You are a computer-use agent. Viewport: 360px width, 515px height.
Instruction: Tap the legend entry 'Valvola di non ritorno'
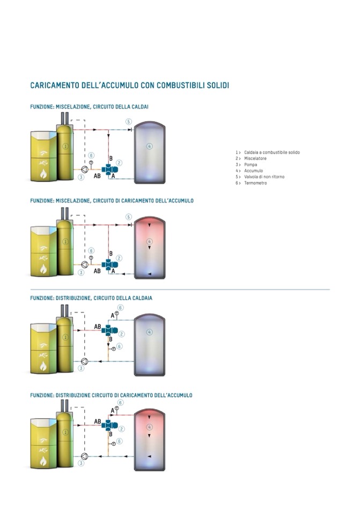point(264,177)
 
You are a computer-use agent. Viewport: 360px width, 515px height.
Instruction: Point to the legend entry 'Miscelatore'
point(255,158)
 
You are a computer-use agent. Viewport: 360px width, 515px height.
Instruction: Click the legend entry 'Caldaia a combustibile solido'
point(271,153)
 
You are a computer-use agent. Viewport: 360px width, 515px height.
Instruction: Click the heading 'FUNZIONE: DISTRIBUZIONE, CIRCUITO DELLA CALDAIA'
point(99,298)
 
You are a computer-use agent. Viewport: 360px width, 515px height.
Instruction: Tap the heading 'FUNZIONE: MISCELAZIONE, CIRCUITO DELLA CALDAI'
point(89,107)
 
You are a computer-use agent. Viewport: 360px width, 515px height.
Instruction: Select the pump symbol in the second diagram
point(85,264)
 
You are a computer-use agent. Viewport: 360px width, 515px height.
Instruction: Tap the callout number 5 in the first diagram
point(129,121)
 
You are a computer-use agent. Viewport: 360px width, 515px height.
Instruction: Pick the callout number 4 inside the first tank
point(149,146)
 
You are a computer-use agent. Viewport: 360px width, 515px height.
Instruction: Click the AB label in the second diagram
point(97,271)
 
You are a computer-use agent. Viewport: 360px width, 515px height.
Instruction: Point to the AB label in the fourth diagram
point(98,422)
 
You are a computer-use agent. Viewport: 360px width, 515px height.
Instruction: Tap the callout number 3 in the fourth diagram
point(82,463)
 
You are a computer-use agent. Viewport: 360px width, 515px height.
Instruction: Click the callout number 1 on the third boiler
point(65,337)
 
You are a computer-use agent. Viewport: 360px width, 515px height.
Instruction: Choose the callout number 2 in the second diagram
point(120,258)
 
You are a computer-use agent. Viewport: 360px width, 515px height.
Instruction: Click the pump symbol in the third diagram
point(85,361)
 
